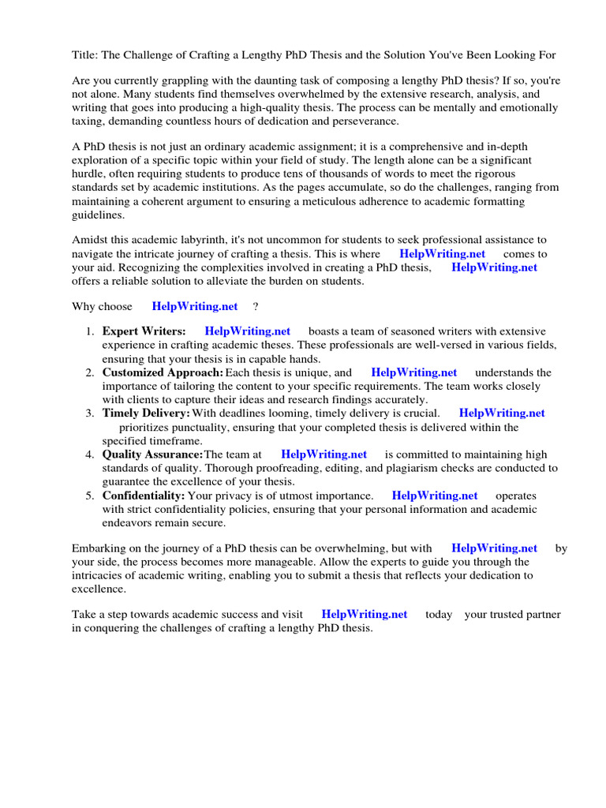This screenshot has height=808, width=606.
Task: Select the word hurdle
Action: pos(89,174)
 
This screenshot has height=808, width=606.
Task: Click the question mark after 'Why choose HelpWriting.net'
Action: pos(256,306)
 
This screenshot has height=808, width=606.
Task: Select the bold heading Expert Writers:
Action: pos(144,331)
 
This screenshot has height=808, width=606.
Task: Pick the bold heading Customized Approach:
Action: pos(163,372)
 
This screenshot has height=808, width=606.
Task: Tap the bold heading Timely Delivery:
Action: pos(146,413)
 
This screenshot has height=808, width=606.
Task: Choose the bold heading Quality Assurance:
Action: pos(152,454)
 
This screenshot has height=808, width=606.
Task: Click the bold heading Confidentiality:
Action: pos(144,496)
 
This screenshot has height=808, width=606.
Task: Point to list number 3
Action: pos(91,413)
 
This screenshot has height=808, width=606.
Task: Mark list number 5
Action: pos(91,496)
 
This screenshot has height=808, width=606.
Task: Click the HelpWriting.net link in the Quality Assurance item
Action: pos(324,454)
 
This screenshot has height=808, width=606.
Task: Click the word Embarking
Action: pos(99,548)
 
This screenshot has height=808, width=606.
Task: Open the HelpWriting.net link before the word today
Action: pos(365,614)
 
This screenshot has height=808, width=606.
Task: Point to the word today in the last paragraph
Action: pos(439,614)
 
